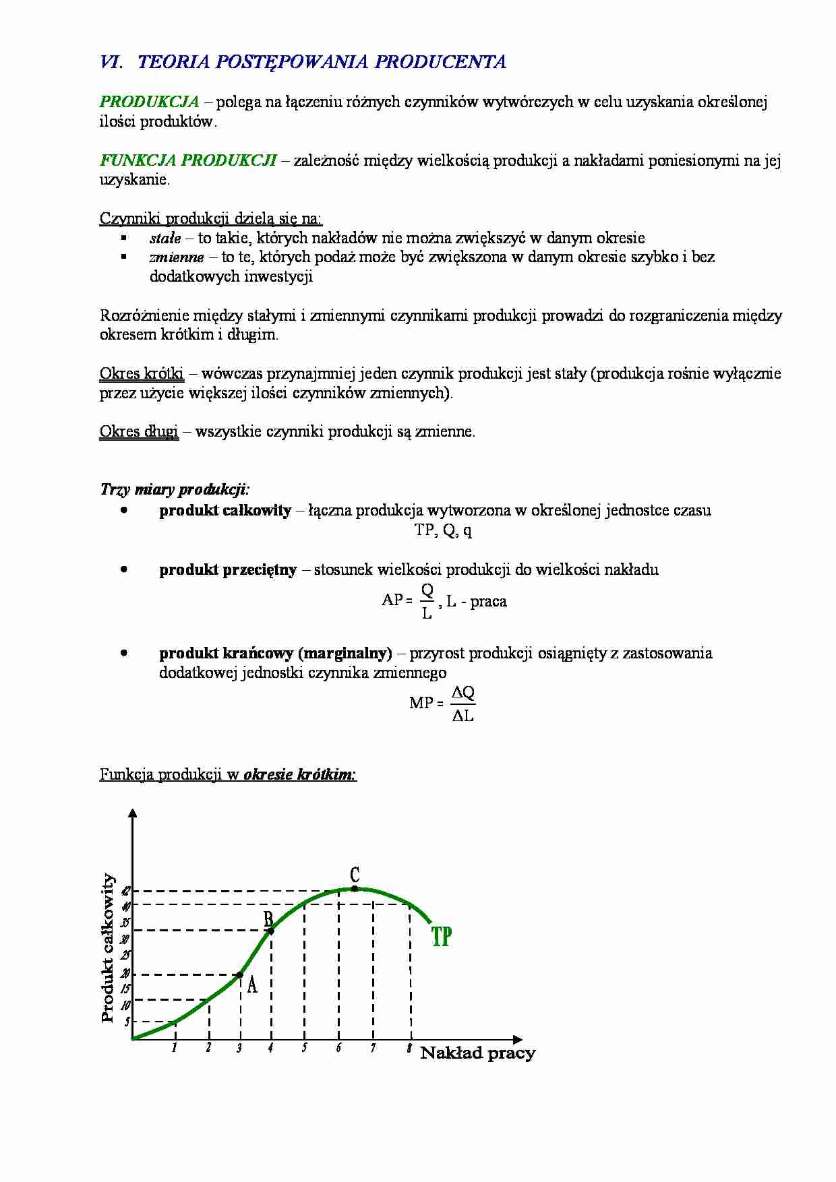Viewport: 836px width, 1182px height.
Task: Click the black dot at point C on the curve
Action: click(355, 888)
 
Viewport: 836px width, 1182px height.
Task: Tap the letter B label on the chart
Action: click(268, 919)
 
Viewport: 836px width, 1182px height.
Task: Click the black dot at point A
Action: click(240, 974)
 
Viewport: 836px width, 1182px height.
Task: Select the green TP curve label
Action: click(441, 937)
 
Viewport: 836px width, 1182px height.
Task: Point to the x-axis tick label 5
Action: click(304, 1048)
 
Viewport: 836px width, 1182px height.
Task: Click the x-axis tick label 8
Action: click(409, 1048)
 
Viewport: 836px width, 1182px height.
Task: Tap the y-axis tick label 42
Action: click(125, 891)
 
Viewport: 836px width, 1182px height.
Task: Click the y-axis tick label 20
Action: click(125, 973)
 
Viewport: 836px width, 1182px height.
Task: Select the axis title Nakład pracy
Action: click(477, 1053)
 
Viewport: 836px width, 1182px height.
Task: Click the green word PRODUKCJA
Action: click(149, 102)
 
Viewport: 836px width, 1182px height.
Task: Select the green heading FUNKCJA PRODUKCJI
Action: click(188, 160)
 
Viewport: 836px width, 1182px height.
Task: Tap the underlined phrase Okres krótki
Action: click(142, 373)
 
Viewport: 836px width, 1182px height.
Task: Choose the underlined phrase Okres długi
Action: click(139, 431)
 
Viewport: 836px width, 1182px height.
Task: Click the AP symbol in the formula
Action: click(392, 600)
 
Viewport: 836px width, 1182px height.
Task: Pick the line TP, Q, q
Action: click(442, 530)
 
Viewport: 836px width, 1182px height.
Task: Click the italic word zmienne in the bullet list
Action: click(176, 257)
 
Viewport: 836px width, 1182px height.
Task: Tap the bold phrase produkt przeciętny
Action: click(228, 569)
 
